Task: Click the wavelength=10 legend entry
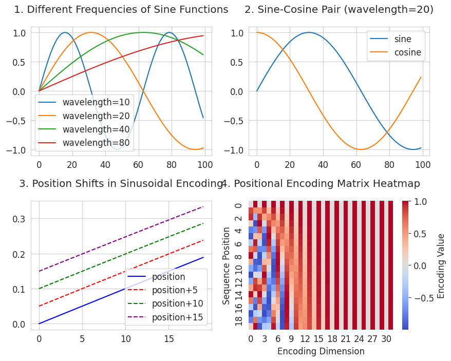pyautogui.click(x=96, y=102)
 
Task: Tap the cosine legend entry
pyautogui.click(x=407, y=52)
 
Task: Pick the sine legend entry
pyautogui.click(x=402, y=39)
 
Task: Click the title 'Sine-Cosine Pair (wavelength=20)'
pyautogui.click(x=339, y=10)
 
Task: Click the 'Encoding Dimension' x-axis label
pyautogui.click(x=321, y=351)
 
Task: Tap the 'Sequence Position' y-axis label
pyautogui.click(x=227, y=265)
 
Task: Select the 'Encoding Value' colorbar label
pyautogui.click(x=441, y=265)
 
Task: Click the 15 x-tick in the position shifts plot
pyautogui.click(x=169, y=339)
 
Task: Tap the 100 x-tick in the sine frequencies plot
pyautogui.click(x=204, y=165)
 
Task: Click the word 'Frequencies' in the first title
pyautogui.click(x=89, y=10)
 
